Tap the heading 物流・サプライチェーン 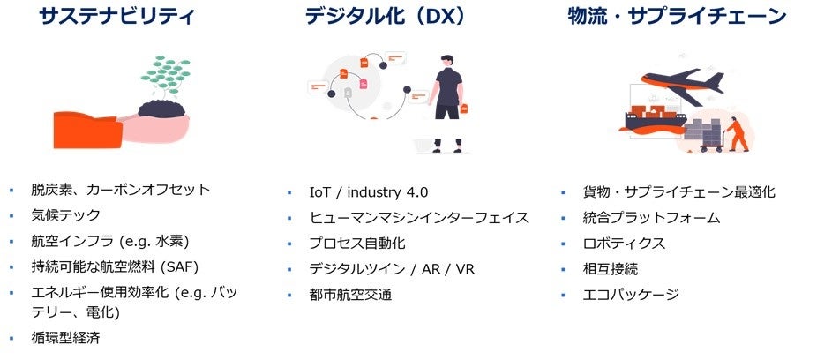677,16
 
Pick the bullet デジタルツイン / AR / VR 392,269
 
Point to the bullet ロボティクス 624,243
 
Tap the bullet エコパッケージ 631,294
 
